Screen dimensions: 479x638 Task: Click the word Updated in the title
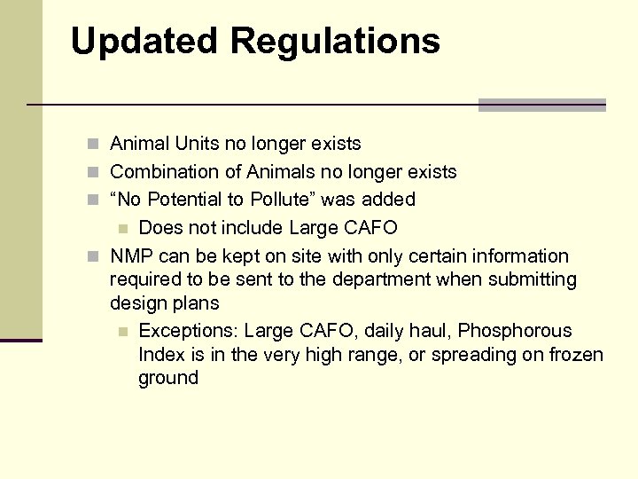pyautogui.click(x=144, y=41)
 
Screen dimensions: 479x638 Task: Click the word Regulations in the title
pyautogui.click(x=334, y=41)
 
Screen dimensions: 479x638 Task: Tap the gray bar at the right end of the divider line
pyautogui.click(x=541, y=105)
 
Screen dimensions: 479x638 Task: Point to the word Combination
pyautogui.click(x=164, y=171)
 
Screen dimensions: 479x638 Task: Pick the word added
pyautogui.click(x=389, y=200)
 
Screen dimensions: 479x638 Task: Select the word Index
pyautogui.click(x=160, y=355)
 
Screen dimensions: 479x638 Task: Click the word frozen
pyautogui.click(x=573, y=355)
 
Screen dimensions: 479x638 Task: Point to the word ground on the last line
pyautogui.click(x=168, y=379)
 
